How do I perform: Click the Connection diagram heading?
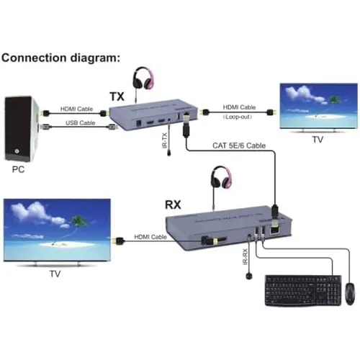tap(61, 58)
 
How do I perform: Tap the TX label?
tap(117, 96)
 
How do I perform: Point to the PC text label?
tap(19, 172)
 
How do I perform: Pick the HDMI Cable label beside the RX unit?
tap(150, 236)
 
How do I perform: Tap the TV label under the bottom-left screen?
tap(55, 274)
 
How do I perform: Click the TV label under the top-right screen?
tap(317, 141)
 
